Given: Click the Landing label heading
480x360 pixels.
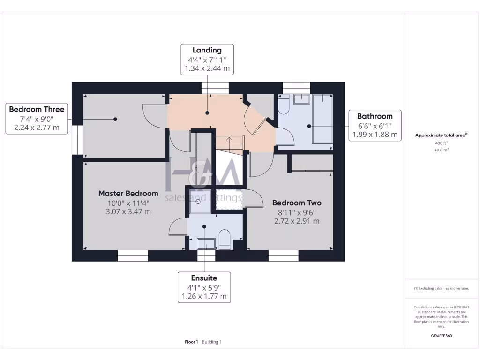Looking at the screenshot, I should coord(207,50).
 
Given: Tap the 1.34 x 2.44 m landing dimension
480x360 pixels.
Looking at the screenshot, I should coord(207,68).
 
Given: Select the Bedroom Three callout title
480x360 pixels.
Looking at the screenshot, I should coord(37,109).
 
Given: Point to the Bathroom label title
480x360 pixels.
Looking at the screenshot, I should coord(375,116).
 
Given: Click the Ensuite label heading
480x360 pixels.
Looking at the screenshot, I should coord(204,278).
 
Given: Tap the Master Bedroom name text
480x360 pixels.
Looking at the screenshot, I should coord(128,193).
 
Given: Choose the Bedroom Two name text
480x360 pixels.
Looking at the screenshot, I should coord(297,203).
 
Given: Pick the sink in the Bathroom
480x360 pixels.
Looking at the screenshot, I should coord(300,99).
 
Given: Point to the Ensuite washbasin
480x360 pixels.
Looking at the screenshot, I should coord(205,243).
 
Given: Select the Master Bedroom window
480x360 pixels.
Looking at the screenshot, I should coord(133,255).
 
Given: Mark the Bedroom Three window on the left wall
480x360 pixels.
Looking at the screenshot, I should coord(75,140).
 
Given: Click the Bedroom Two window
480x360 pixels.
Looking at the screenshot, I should coord(283,255).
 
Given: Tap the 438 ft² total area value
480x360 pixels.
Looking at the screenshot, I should coord(442,143).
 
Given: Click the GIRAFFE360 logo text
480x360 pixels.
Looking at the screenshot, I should coord(442,336).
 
